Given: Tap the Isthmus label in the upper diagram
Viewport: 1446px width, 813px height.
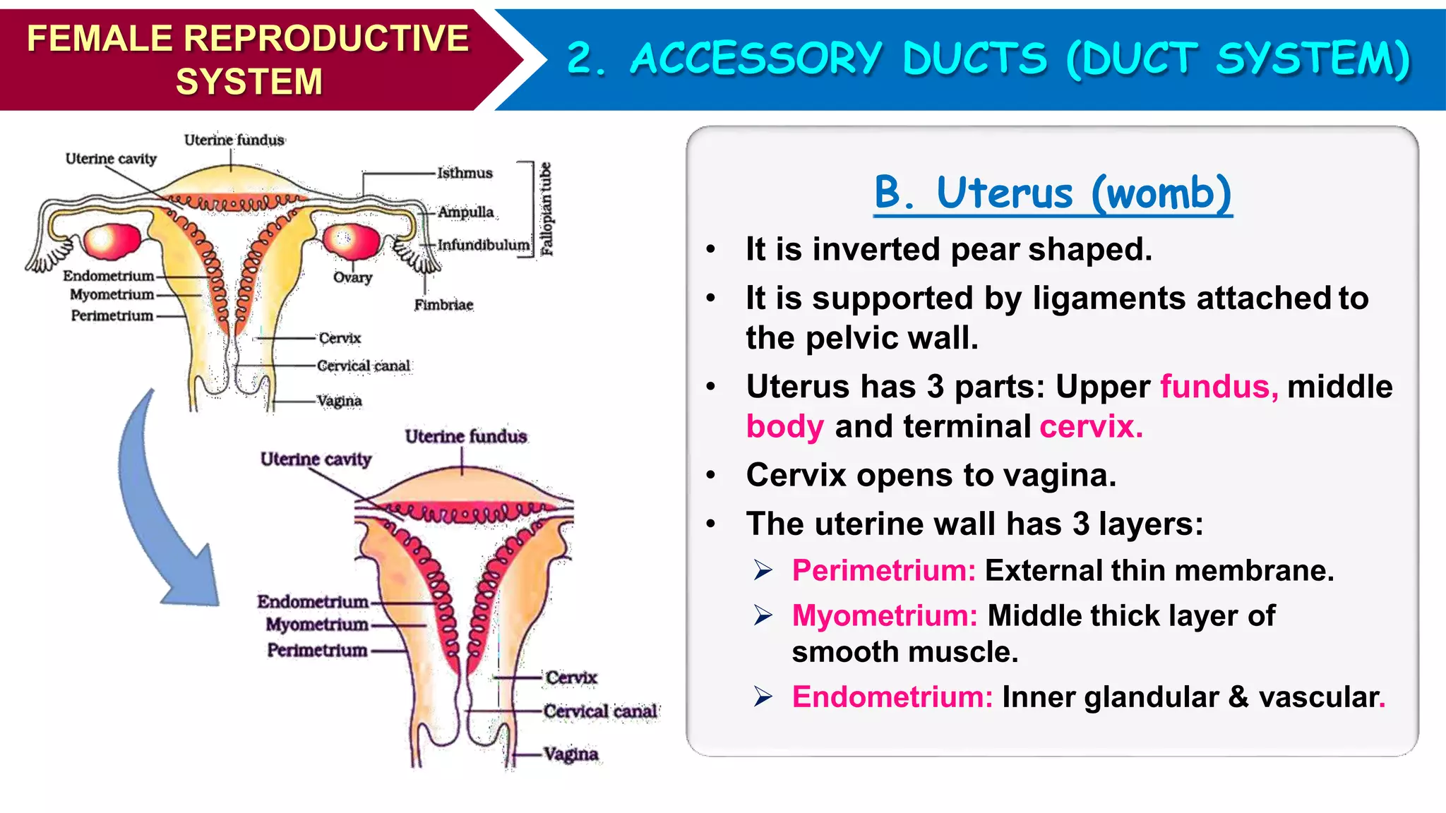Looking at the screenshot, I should [465, 173].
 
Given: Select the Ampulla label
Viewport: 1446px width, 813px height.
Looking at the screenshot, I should [466, 212].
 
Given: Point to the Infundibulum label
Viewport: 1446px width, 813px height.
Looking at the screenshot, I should [484, 245].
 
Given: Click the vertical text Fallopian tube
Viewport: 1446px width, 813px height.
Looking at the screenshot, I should [546, 209].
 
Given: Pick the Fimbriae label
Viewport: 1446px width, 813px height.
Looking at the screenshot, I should [443, 305].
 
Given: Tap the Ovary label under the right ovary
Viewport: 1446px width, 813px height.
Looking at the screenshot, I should [352, 277].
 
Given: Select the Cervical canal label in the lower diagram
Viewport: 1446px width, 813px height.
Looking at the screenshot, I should [600, 711].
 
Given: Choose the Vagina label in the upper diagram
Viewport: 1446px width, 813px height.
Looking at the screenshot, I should [340, 401].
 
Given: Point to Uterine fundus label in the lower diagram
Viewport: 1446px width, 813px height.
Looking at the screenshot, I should [466, 437].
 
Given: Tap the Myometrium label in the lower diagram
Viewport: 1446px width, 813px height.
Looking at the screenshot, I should [317, 625].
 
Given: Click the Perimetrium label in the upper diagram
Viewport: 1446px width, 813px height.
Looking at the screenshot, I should [112, 315].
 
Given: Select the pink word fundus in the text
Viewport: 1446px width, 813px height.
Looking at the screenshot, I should [1218, 387].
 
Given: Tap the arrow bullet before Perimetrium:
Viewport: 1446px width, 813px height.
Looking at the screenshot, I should [763, 570].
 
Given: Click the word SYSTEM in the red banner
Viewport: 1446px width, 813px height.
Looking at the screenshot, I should [249, 81].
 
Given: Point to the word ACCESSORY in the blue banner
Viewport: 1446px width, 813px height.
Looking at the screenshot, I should [756, 58].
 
